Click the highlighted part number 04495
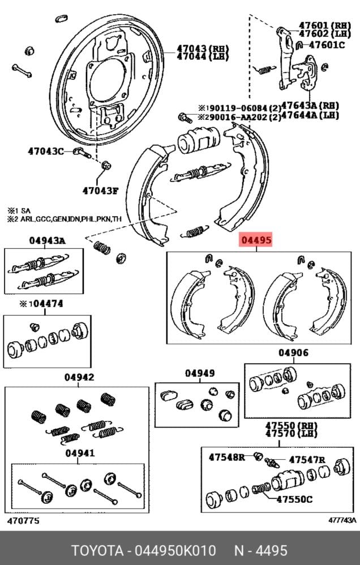pyautogui.click(x=256, y=239)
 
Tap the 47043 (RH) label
pyautogui.click(x=203, y=48)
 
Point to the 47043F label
pyautogui.click(x=100, y=190)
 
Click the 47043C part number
pyautogui.click(x=46, y=151)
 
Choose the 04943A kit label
pyautogui.click(x=47, y=240)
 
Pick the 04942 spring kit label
pyautogui.click(x=79, y=377)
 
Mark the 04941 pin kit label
pyautogui.click(x=80, y=453)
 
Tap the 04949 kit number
pyautogui.click(x=199, y=373)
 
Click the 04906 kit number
pyautogui.click(x=293, y=353)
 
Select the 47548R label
pyautogui.click(x=226, y=458)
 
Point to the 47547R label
pyautogui.click(x=307, y=460)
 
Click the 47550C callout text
pyautogui.click(x=294, y=499)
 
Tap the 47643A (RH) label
pyautogui.click(x=310, y=106)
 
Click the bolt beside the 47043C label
pyautogui.click(x=82, y=152)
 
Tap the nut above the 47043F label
pyautogui.click(x=106, y=166)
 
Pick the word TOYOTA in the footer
pyautogui.click(x=97, y=551)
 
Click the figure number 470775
pyautogui.click(x=23, y=521)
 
